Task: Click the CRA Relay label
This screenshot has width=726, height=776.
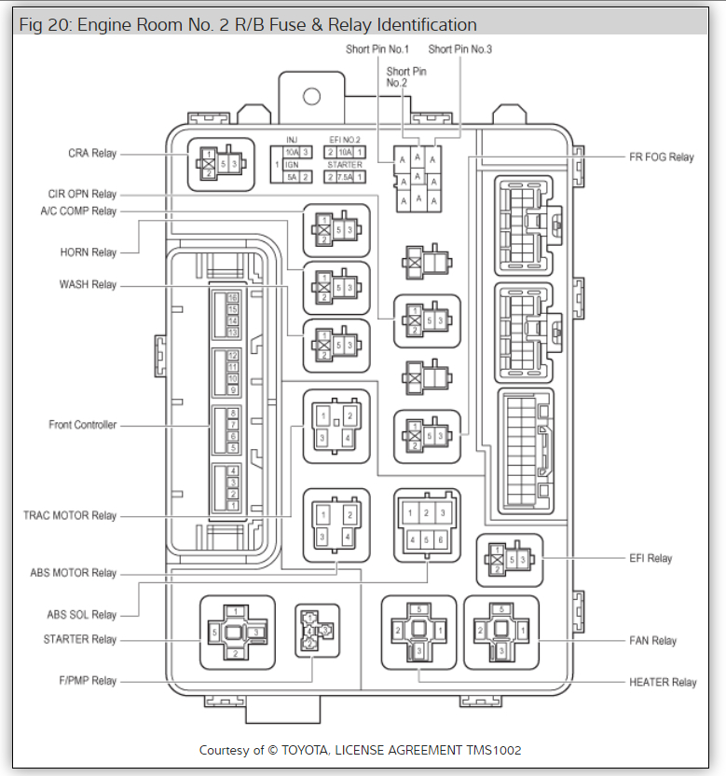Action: [91, 154]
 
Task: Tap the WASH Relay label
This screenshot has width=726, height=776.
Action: [89, 284]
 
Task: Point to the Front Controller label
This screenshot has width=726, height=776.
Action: [82, 425]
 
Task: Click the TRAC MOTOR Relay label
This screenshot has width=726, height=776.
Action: [70, 515]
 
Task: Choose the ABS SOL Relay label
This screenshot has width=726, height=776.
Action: [82, 615]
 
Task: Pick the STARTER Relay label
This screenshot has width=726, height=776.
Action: [79, 640]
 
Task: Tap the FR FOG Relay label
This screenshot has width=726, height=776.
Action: [662, 157]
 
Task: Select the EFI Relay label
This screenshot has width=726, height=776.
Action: [651, 559]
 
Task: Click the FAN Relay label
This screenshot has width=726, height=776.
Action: [652, 641]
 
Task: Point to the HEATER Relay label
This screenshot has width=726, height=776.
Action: [663, 683]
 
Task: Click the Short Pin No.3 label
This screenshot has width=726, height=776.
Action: [459, 49]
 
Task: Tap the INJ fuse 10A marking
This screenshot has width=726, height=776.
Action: [292, 152]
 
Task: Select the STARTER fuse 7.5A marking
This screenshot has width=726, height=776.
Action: [343, 177]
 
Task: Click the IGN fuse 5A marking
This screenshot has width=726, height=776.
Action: [292, 177]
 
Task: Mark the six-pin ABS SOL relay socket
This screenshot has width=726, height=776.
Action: [427, 525]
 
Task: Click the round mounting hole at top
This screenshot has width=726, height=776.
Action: [311, 96]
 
